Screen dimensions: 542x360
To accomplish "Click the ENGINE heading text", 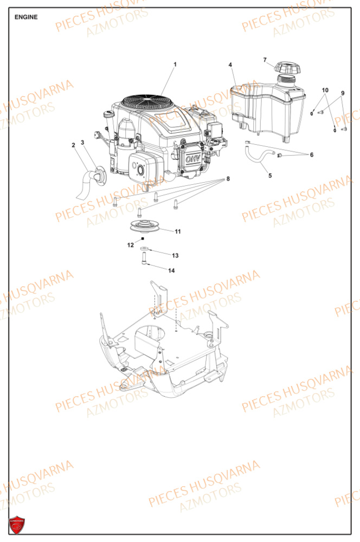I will [26, 17].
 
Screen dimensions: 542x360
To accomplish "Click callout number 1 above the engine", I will [175, 64].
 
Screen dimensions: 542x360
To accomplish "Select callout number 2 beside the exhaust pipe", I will [73, 145].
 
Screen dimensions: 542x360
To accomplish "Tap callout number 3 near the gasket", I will [82, 143].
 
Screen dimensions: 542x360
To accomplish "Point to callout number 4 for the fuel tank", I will [230, 65].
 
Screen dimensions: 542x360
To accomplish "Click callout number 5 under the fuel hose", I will [269, 175].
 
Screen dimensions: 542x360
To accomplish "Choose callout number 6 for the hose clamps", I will [311, 155].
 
